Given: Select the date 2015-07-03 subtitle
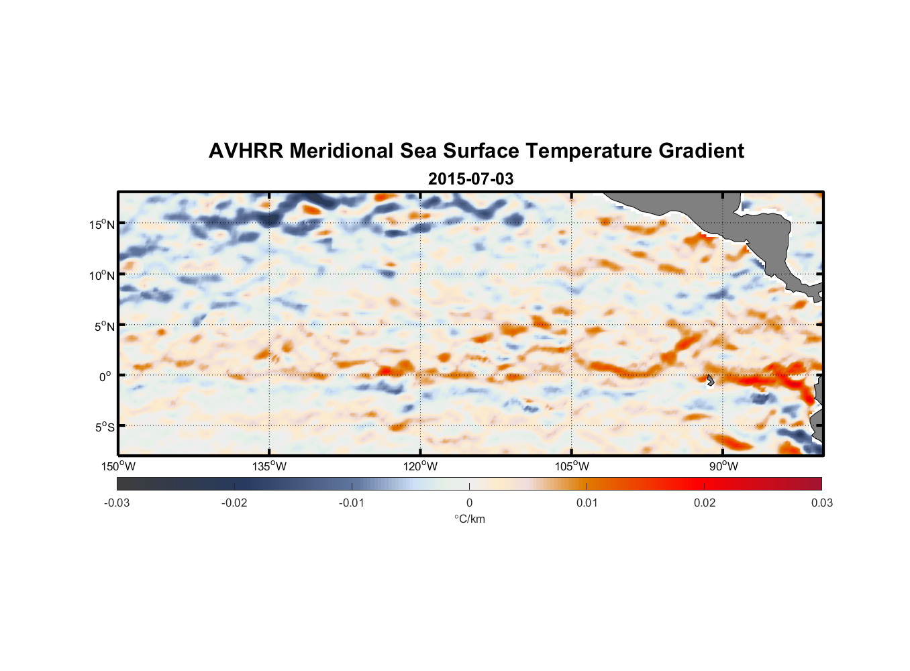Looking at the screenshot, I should coord(470,179).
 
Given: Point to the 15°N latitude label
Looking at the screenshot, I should coord(102,224).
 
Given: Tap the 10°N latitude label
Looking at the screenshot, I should coord(102,275).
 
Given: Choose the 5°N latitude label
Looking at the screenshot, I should coord(104,326).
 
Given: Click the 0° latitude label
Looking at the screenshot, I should coord(105,376).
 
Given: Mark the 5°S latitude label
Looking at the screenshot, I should coord(104,427).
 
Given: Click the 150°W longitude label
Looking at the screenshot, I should coord(118,466).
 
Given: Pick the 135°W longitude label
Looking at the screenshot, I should coord(269,466).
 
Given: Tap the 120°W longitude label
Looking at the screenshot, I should coord(421,466).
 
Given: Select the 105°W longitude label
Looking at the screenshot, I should coord(572,466).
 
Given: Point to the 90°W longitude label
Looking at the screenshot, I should coord(723,466).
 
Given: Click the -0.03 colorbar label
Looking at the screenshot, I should coord(117,503).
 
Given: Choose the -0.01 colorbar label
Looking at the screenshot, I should coord(352,503).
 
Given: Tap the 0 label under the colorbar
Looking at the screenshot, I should coord(469,503).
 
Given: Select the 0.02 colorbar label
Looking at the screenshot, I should coord(705,503).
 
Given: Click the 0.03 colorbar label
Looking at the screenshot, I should coord(821,503).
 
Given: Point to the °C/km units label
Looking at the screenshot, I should coord(469,519).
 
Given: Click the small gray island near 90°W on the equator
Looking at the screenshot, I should coord(710,380).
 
